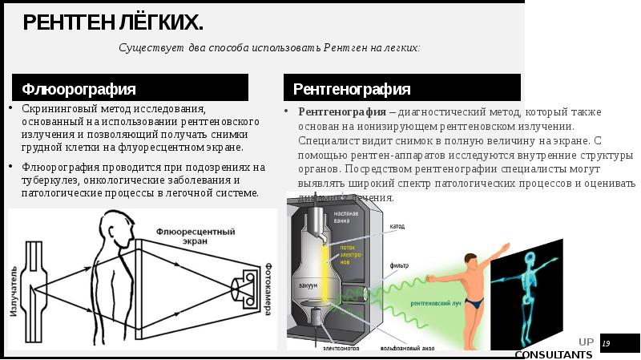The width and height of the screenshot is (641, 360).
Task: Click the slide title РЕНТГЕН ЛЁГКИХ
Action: click(112, 22)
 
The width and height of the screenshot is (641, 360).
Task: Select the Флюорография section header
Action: click(79, 88)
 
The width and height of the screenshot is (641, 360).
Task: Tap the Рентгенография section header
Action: click(352, 88)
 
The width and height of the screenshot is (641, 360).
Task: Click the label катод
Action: click(397, 227)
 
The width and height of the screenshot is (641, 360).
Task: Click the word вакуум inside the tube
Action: click(308, 285)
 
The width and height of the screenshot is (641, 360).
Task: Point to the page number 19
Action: click(606, 344)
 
